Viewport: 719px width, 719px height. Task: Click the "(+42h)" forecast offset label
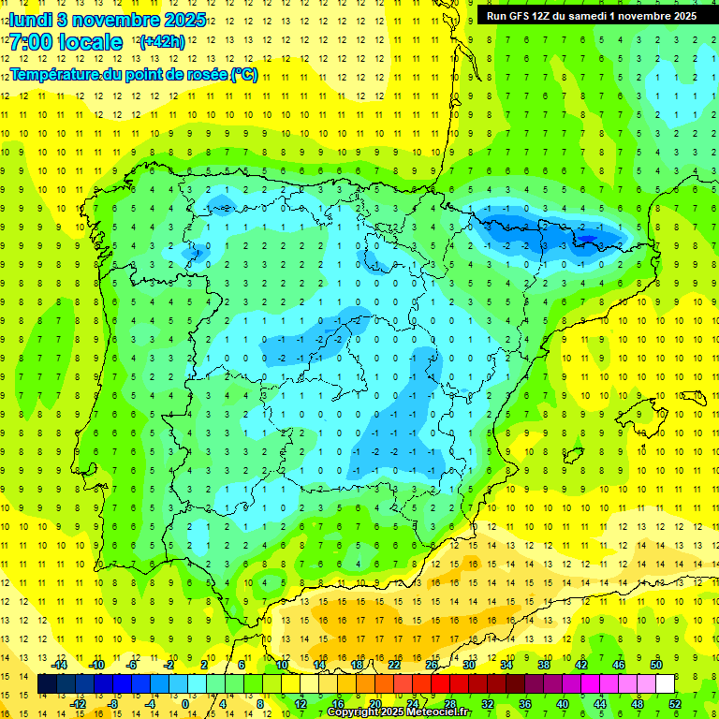[161, 41]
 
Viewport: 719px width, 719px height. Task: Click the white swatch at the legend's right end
[665, 684]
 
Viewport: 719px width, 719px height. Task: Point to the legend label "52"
[675, 704]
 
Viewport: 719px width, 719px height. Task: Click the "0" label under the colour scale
[185, 704]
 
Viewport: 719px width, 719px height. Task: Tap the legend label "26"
[432, 665]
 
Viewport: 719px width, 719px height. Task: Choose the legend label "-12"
[78, 704]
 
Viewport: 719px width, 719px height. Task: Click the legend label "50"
[656, 665]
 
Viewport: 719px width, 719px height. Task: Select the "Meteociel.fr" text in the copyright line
[439, 712]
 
